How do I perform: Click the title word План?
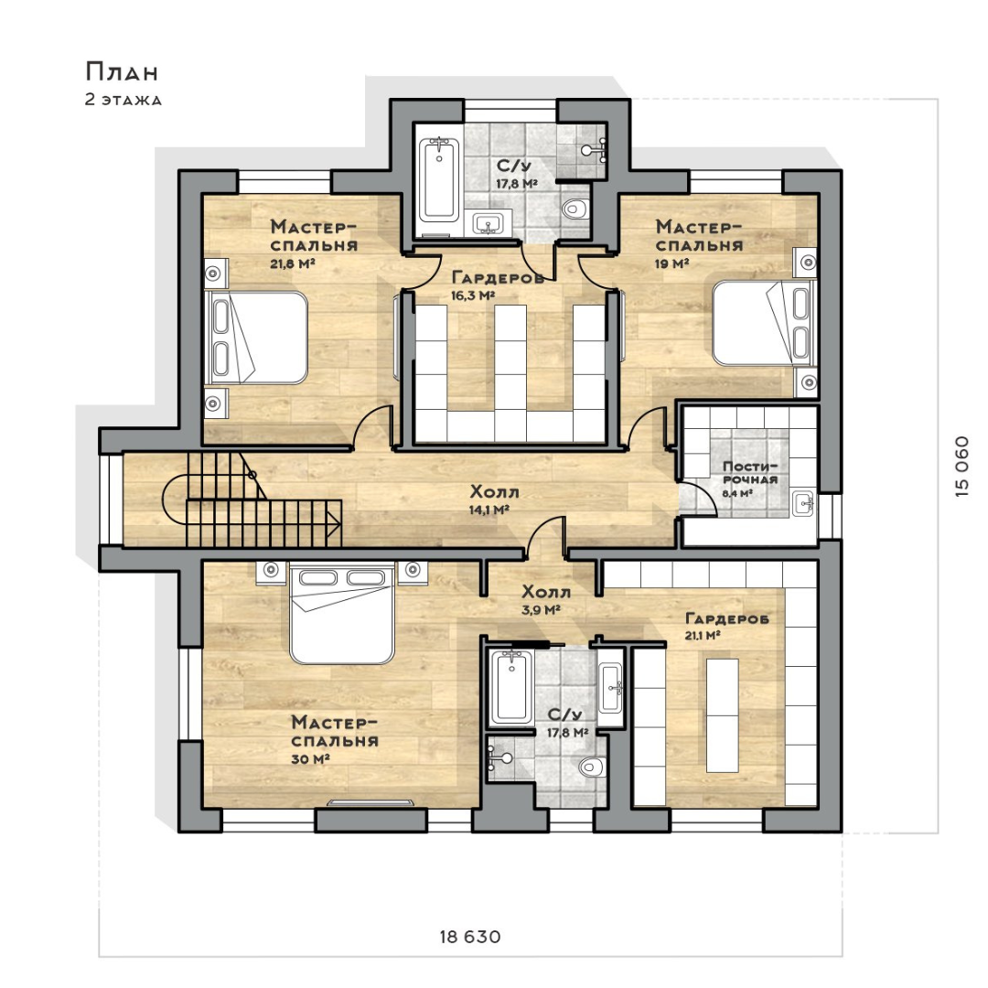tap(122, 72)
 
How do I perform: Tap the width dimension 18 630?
tap(470, 937)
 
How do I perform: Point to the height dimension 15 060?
tap(961, 467)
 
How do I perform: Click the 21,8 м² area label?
tap(293, 263)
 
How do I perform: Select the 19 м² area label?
tap(671, 263)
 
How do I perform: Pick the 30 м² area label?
tap(311, 759)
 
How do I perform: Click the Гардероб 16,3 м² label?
tap(498, 285)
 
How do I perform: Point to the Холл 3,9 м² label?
tap(545, 600)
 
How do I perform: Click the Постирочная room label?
tap(750, 473)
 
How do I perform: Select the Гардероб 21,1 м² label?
tap(726, 627)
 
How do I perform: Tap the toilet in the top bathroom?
tap(575, 208)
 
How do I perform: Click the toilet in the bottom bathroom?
tap(592, 767)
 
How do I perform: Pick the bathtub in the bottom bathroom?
tap(511, 687)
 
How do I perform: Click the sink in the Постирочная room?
tap(803, 503)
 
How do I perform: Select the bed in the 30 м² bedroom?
tap(342, 615)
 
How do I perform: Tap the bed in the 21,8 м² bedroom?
tap(256, 337)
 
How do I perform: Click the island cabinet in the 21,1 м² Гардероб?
tap(722, 715)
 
